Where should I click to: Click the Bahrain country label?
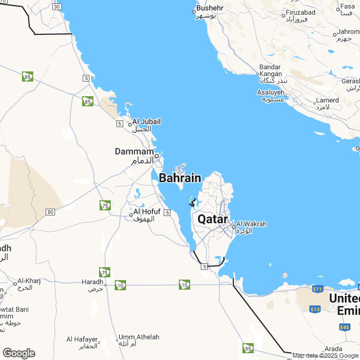click(x=179, y=178)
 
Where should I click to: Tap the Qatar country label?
click(x=213, y=219)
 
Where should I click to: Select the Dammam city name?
click(x=134, y=152)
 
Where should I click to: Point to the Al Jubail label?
click(x=147, y=121)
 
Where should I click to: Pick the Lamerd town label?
click(x=328, y=101)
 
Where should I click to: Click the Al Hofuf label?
click(x=147, y=211)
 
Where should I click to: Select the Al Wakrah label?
click(x=251, y=224)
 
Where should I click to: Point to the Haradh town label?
click(x=92, y=281)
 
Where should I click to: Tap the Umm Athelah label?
click(x=139, y=337)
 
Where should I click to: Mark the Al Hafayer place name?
click(x=82, y=339)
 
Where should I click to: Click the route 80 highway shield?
click(x=51, y=211)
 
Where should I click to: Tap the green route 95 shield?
click(x=248, y=348)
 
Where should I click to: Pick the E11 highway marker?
click(x=317, y=289)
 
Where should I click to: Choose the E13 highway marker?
click(x=315, y=309)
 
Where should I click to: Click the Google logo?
click(x=19, y=353)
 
